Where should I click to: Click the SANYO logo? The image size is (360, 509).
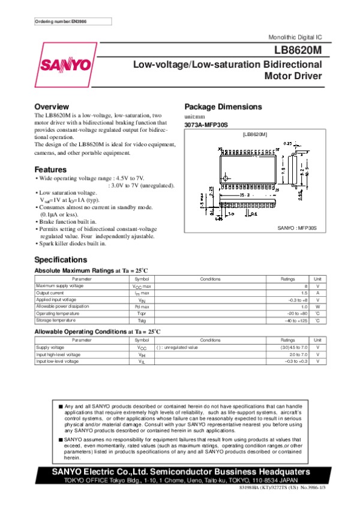coord(66,65)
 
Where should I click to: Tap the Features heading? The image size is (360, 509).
coord(50,169)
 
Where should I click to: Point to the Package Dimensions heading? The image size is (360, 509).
coord(223,107)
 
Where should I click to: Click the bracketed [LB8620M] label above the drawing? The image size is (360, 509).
coord(254,134)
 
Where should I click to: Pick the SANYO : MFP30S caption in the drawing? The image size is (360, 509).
coord(298,228)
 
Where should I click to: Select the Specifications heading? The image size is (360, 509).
coord(61,260)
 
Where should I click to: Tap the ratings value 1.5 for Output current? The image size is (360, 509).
coord(304,293)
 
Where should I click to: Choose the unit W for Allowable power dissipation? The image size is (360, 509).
coord(317,306)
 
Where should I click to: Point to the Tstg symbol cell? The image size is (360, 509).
coord(142,320)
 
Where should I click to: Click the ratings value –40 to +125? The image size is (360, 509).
coord(296,320)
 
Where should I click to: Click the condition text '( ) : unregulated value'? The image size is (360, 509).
coord(177,347)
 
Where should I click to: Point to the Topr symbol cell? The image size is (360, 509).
coord(142,313)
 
